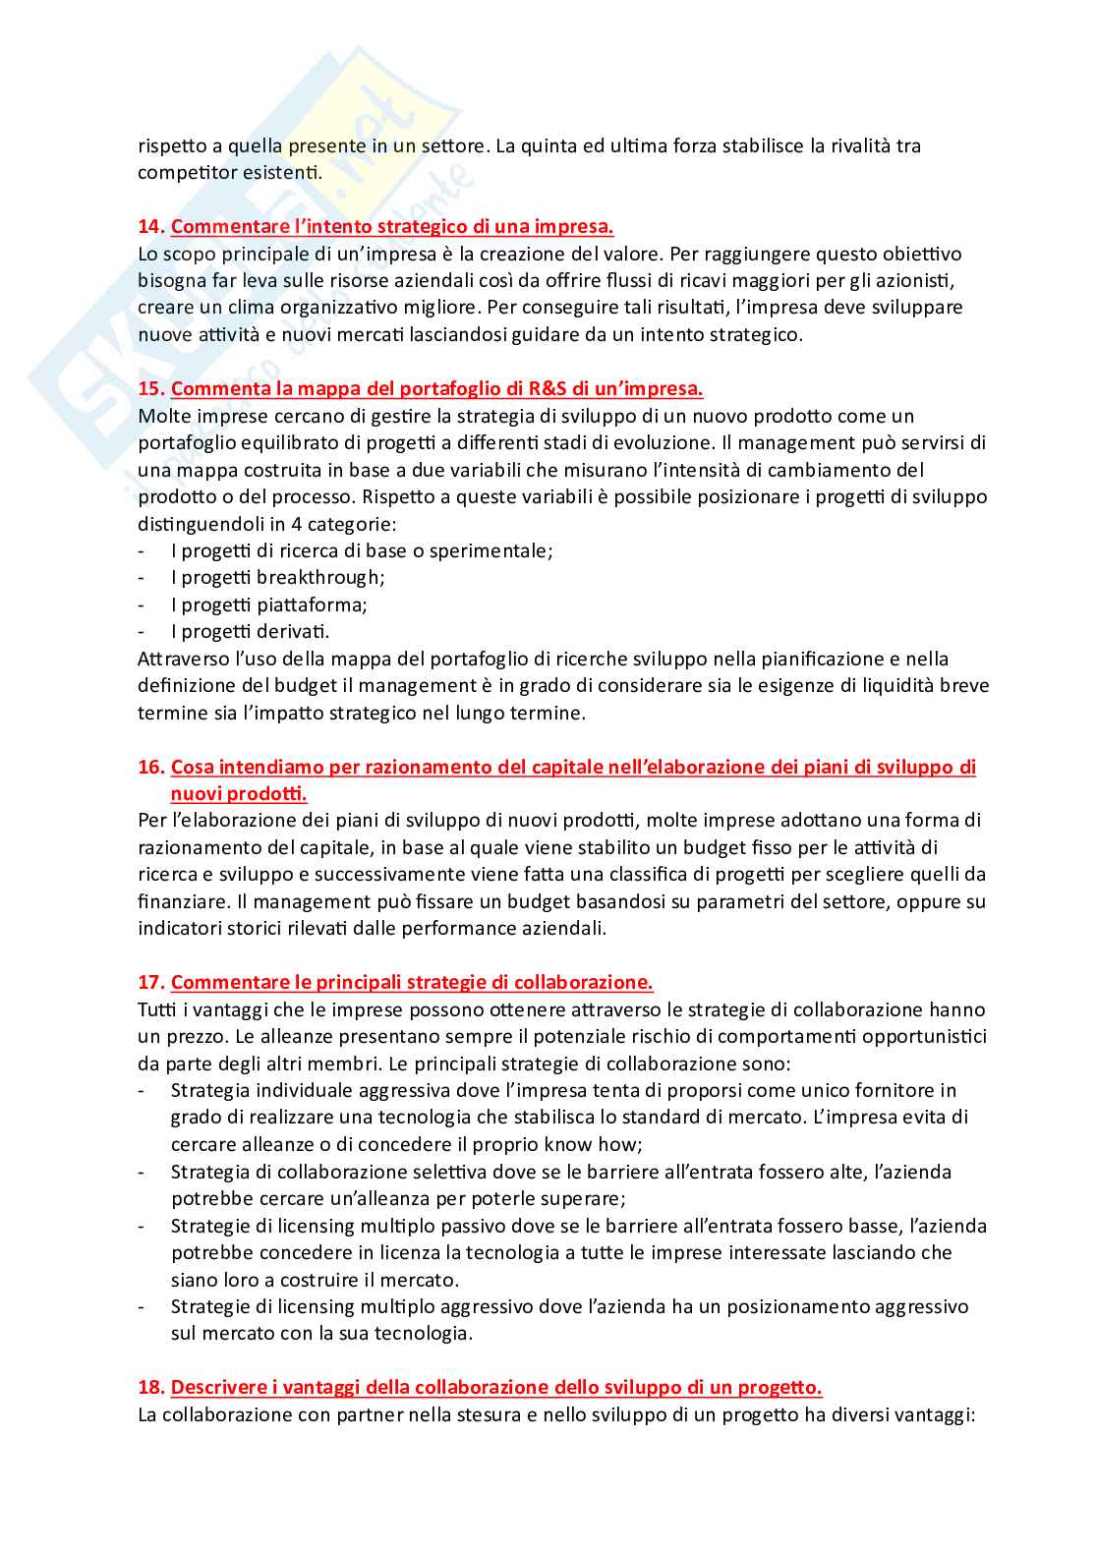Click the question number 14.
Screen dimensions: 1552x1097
(150, 227)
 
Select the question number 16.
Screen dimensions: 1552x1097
(150, 767)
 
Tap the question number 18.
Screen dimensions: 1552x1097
(150, 1387)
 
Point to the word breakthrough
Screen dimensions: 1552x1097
(319, 577)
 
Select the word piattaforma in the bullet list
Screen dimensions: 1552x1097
(312, 604)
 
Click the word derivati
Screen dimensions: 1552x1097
(293, 631)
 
